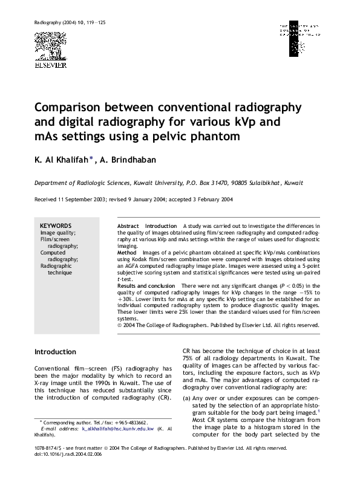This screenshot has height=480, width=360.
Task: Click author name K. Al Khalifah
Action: tap(61, 160)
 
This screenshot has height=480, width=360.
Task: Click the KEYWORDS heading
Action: tap(56, 225)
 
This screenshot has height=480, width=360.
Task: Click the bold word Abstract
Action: tap(127, 225)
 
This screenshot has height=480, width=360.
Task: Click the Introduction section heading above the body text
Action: tap(55, 351)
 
